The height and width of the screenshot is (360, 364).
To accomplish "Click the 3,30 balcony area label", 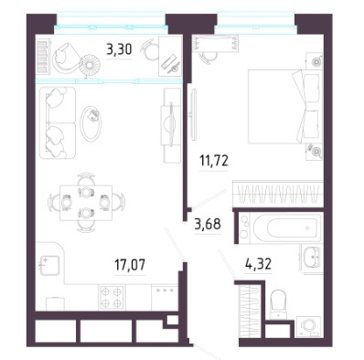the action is pos(119,49).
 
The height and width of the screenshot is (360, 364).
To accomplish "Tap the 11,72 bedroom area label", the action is pos(214,161).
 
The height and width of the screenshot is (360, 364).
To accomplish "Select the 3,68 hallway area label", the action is pos(208,225).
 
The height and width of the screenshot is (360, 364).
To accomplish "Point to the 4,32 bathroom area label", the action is pos(258,264).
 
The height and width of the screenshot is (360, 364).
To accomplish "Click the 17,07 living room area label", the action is pos(130,265).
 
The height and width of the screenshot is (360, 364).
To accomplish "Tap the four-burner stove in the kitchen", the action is pos(112,297).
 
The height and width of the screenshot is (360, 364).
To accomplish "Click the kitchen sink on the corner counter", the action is pos(50,265).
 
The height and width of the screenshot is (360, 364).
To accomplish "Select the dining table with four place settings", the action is pos(86,202).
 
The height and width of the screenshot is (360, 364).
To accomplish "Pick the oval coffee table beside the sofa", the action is pos(91,123).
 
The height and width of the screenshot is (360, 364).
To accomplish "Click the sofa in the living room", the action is pos(58,122).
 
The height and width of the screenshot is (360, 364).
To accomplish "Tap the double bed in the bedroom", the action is pos(284,106).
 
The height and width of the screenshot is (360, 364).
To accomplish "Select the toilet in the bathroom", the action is pos(278,303).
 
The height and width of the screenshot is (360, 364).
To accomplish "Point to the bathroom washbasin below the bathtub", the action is pos(312,259).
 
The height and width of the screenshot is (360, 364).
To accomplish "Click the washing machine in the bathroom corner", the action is pos(308,326).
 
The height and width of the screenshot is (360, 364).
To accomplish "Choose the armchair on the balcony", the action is pos(66,58).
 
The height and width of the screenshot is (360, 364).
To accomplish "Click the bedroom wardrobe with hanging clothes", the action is pos(278,194).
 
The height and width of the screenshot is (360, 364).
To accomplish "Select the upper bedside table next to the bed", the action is pos(315,61).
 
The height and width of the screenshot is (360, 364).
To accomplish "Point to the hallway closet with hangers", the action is pos(250,311).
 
